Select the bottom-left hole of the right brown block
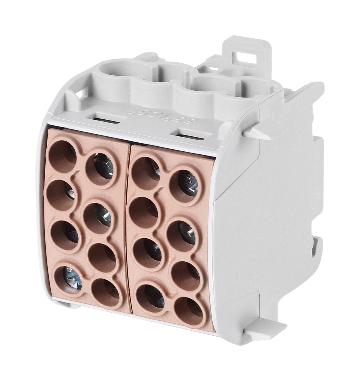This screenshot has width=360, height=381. point(151,297)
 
